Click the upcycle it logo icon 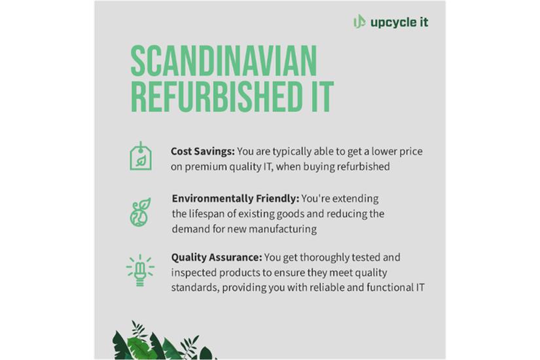coord(359,22)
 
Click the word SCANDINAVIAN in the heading coord(224,62)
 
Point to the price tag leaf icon coord(141,156)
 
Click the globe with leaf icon coord(141,212)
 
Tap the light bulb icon coord(140,270)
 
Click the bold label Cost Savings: coord(203,151)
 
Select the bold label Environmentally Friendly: coord(236,198)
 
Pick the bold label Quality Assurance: coord(217,257)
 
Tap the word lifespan coord(206,214)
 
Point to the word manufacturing coord(282,229)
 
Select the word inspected coord(194,273)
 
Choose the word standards coord(195,287)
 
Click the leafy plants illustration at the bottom coord(164,340)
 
